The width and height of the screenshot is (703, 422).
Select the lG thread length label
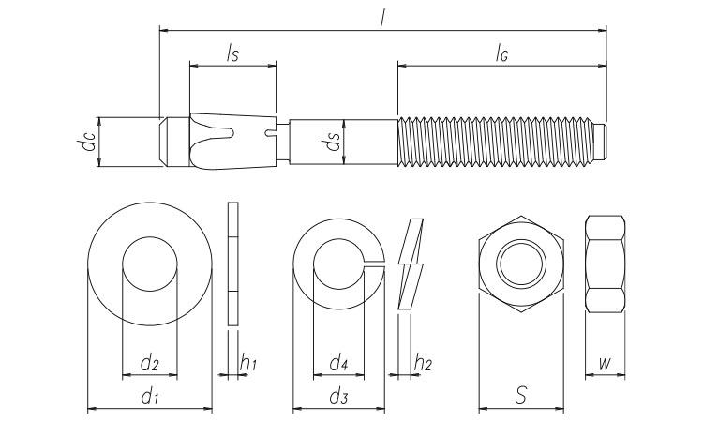[501, 54]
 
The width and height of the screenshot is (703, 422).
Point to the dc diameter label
[86, 143]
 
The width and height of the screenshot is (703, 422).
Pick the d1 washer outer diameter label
[149, 398]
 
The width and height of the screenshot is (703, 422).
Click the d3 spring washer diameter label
[338, 398]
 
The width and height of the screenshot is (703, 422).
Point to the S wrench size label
[521, 396]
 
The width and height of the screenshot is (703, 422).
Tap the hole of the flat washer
[149, 264]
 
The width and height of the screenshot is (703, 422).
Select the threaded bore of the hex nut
[522, 264]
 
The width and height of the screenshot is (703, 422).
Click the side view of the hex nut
[606, 264]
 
